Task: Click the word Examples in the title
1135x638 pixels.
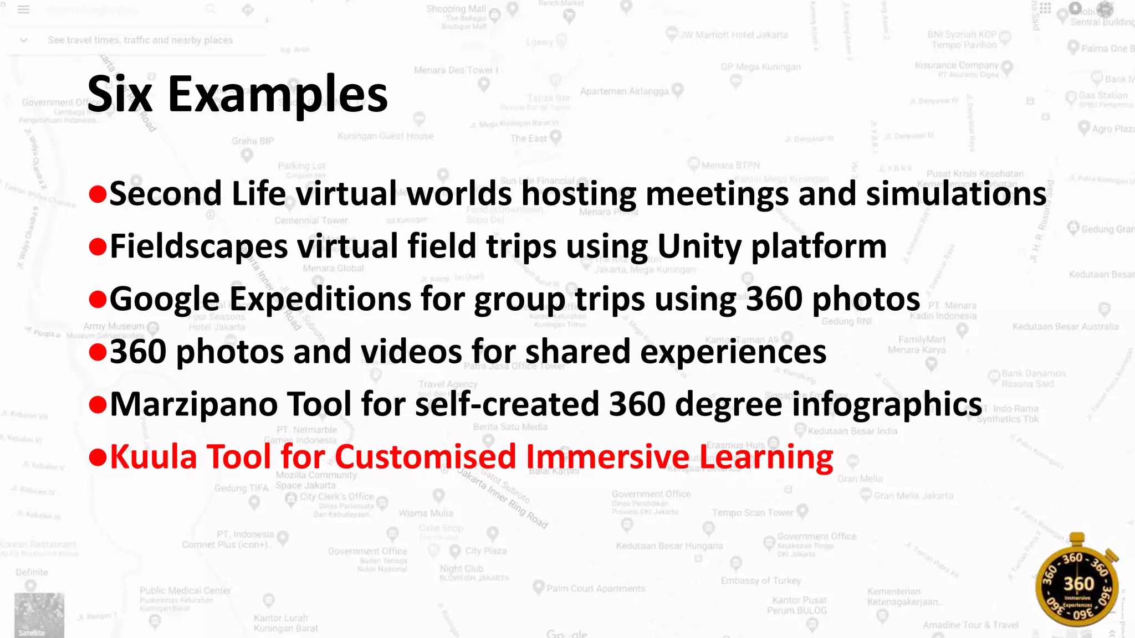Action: click(x=277, y=95)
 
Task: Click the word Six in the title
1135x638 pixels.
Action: click(x=120, y=95)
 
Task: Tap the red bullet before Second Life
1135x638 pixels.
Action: click(x=98, y=194)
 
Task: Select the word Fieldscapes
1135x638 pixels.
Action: click(x=198, y=246)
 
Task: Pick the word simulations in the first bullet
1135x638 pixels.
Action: click(x=956, y=194)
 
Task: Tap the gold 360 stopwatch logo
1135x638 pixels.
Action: click(x=1077, y=586)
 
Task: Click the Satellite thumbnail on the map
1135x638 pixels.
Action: click(x=39, y=615)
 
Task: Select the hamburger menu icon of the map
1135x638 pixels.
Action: click(x=23, y=9)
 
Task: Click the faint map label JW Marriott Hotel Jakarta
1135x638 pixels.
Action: click(x=734, y=35)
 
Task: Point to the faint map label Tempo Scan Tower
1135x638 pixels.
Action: click(x=753, y=513)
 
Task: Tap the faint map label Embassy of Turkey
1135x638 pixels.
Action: click(x=760, y=580)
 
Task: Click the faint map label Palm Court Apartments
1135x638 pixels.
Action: click(x=596, y=588)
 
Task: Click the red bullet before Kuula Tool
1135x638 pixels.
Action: click(x=98, y=457)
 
